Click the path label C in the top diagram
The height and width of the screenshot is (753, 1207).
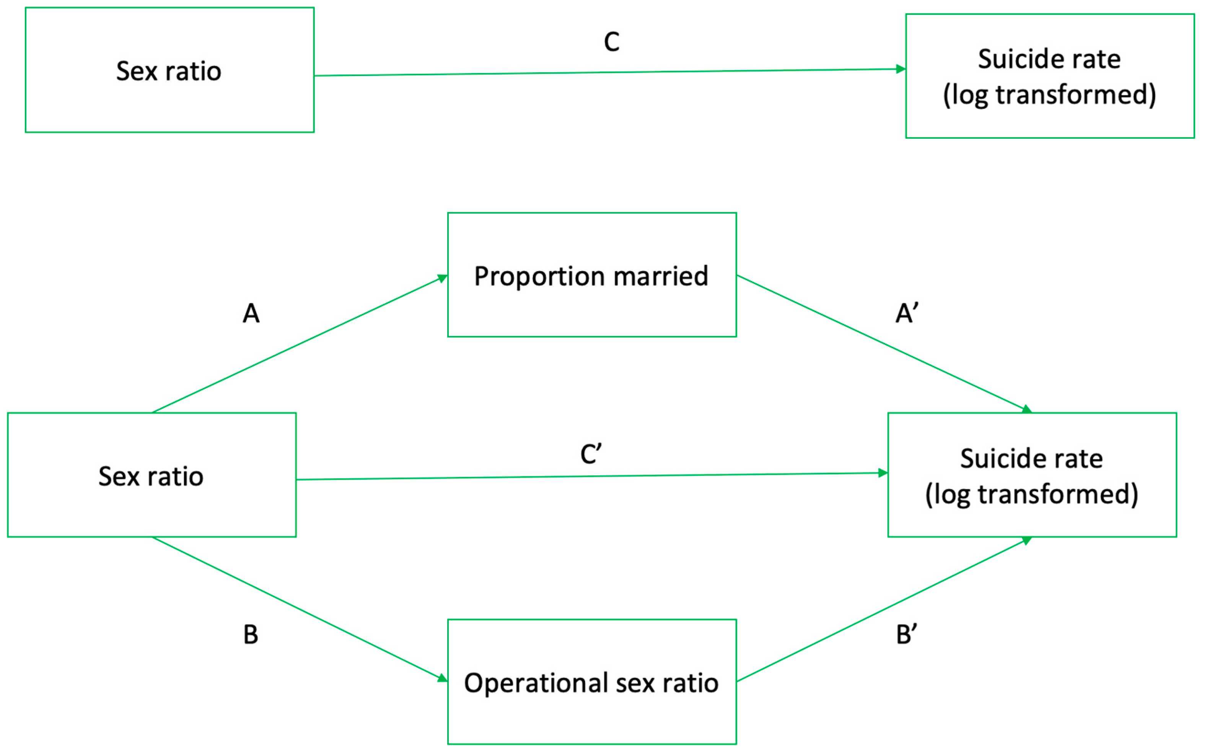tap(611, 42)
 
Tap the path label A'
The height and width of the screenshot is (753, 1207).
tap(907, 313)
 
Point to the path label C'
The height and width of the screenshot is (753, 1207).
tap(591, 454)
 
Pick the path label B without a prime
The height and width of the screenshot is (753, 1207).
tap(251, 635)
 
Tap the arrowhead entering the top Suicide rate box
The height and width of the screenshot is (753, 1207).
tap(901, 69)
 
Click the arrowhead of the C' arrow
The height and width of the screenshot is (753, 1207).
tap(883, 472)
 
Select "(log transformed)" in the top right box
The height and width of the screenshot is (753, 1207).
tap(1049, 95)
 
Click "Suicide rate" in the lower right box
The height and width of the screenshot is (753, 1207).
tap(1031, 459)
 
